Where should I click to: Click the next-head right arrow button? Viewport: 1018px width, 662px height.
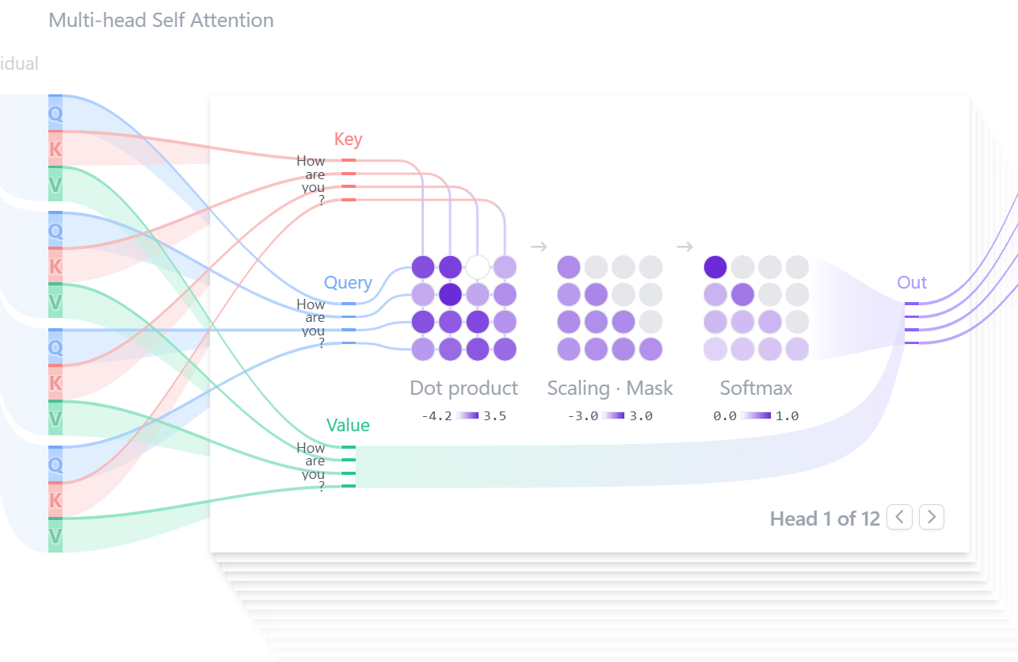click(931, 517)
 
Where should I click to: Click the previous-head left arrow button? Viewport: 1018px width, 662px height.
click(899, 517)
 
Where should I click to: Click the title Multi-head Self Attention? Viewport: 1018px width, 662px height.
click(162, 21)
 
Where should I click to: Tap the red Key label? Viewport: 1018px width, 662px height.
click(348, 139)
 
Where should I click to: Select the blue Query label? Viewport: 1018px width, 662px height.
click(348, 283)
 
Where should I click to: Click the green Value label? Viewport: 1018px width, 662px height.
click(348, 425)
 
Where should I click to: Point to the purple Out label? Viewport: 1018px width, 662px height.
click(912, 282)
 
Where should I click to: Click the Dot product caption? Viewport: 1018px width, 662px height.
click(463, 388)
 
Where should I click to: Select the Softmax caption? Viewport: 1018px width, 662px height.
click(757, 388)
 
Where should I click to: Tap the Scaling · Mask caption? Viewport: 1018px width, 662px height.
click(610, 388)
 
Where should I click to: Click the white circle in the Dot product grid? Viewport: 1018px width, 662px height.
click(477, 267)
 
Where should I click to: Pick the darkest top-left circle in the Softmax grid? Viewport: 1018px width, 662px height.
click(715, 267)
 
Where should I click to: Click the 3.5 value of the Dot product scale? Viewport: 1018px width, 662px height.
click(495, 416)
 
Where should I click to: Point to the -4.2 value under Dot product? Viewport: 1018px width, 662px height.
click(437, 416)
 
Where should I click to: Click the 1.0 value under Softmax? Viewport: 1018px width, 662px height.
click(787, 416)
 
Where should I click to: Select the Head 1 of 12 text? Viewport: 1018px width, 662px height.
click(825, 519)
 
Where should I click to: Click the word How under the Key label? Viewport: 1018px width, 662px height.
click(311, 161)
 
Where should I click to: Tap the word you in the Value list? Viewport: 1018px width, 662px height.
click(314, 475)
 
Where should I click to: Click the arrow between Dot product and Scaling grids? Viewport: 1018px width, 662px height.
click(539, 247)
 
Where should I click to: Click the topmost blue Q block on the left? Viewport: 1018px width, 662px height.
click(55, 113)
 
